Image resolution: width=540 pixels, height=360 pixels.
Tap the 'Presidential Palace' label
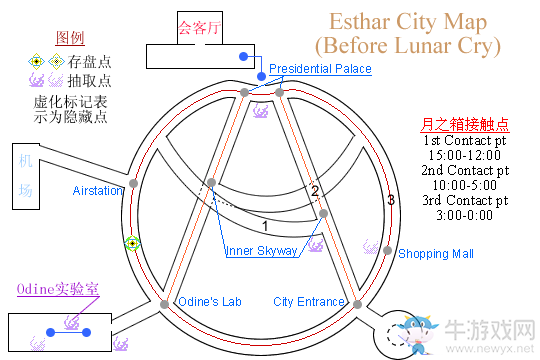(x=320, y=69)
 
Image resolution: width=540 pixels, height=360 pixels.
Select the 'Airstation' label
(x=97, y=190)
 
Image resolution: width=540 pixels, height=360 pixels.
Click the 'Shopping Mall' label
(x=436, y=254)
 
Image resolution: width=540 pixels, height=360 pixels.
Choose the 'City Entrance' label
(x=309, y=302)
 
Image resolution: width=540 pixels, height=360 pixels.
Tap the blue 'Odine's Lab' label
(x=209, y=302)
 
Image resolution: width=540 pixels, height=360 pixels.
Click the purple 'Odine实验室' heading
(x=60, y=289)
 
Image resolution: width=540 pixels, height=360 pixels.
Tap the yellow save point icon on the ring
(x=131, y=243)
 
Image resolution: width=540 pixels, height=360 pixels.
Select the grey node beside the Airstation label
(x=132, y=184)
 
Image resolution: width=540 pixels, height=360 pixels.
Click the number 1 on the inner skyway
(x=265, y=226)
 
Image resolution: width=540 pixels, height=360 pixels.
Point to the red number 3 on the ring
(x=391, y=201)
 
